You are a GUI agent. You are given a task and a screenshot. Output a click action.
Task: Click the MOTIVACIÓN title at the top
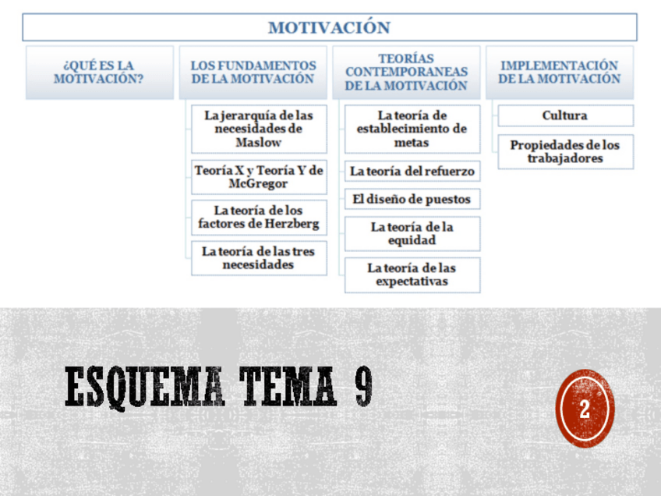329,27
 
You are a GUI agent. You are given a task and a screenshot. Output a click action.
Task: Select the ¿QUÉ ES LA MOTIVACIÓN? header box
99,72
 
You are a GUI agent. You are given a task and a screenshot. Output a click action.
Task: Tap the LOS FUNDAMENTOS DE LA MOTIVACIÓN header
253,72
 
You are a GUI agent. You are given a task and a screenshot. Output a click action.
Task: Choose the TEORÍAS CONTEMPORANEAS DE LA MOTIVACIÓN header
406,72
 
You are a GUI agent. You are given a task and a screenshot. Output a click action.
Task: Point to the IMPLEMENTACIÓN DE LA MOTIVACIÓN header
560,72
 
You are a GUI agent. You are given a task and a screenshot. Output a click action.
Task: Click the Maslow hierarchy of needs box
259,129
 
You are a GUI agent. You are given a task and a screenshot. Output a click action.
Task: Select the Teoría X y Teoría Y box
259,177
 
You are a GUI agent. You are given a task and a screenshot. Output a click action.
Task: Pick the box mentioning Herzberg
259,218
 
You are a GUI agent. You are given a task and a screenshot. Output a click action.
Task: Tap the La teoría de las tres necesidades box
259,257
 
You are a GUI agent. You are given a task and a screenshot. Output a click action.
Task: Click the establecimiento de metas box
412,129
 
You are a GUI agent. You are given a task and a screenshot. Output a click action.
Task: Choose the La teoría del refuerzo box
412,171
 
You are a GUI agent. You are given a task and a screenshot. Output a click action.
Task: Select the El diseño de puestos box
412,199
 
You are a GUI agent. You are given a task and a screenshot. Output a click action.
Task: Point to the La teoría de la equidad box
412,233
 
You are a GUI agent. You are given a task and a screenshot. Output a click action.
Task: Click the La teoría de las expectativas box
412,275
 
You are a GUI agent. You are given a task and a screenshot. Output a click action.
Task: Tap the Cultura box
565,115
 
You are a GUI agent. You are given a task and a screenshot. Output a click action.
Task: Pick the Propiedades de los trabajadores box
565,151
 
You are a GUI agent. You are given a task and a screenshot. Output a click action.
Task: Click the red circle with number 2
585,409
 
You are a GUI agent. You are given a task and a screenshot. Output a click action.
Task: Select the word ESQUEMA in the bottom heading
145,387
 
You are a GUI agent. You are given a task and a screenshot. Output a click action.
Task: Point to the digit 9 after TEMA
363,387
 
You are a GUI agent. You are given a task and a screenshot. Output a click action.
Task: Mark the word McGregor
259,184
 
